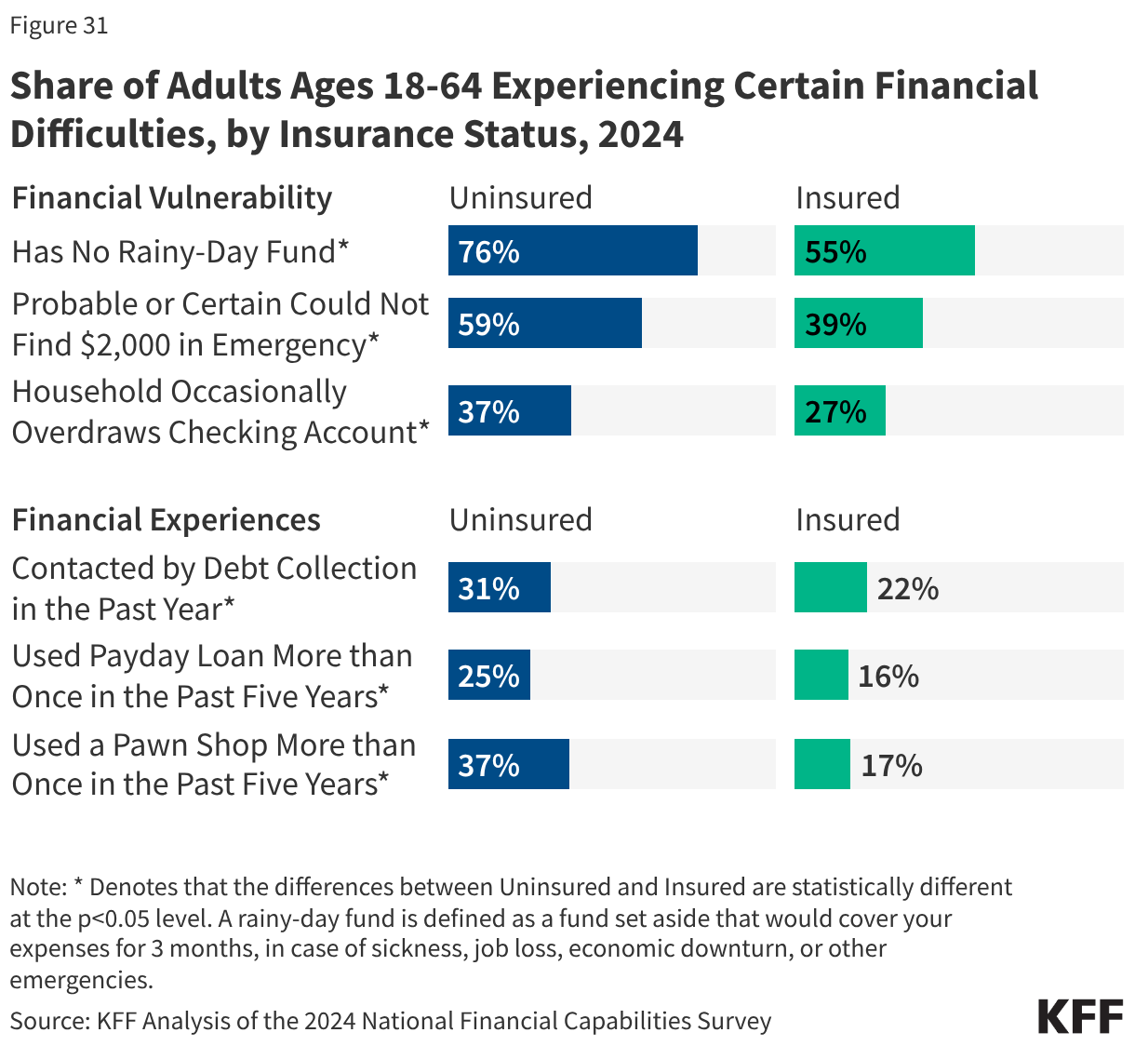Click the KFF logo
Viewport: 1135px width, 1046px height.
pos(1080,1016)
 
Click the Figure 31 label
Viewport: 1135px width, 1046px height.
pos(59,25)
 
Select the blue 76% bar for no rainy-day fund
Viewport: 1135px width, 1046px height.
pos(572,250)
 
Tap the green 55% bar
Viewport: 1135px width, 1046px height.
pos(884,250)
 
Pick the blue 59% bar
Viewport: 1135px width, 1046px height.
pos(544,323)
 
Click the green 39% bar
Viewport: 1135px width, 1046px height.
pos(858,323)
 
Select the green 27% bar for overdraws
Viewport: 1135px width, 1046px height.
pos(839,410)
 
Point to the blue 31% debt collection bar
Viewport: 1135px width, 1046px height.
pos(499,587)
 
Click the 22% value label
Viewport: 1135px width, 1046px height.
pos(907,588)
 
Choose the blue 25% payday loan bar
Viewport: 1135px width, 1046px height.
pos(488,675)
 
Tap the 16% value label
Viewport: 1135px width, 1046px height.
pos(888,676)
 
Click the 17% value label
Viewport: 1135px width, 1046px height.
pos(890,765)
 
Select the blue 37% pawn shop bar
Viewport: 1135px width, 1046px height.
pos(508,764)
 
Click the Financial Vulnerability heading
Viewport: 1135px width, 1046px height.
pos(171,197)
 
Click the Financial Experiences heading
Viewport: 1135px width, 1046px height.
pos(166,519)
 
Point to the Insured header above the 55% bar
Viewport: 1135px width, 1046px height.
pos(847,197)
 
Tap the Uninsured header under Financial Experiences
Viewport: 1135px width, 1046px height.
pos(520,519)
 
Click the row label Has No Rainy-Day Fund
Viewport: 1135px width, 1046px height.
pos(180,251)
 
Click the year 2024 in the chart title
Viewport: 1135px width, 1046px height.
pos(640,134)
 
